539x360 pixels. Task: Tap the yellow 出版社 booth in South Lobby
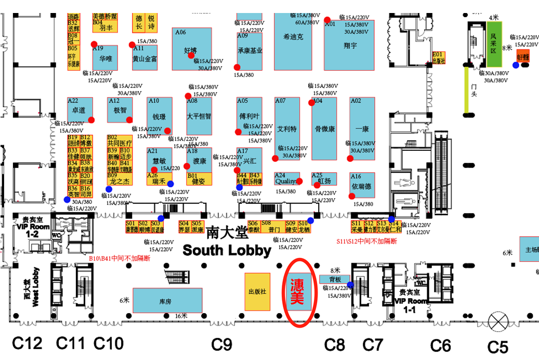point(257,292)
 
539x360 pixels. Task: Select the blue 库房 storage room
point(167,301)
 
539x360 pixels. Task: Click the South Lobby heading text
point(227,250)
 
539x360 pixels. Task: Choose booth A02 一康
point(362,128)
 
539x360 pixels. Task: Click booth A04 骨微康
point(324,128)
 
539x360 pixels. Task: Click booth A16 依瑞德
point(362,185)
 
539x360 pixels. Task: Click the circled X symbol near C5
point(501,319)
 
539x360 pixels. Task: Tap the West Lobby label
point(31,287)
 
